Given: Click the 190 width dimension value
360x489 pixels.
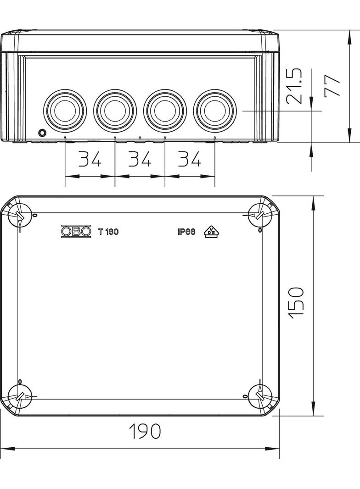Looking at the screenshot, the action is click(145, 431).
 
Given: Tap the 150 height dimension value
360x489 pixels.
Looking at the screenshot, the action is click(297, 303).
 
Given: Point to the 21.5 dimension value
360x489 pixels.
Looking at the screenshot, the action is click(294, 86).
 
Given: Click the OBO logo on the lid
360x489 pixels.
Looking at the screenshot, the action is click(76, 231).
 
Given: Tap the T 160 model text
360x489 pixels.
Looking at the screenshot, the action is click(108, 232).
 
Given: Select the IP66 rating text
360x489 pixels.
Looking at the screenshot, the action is click(186, 232).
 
